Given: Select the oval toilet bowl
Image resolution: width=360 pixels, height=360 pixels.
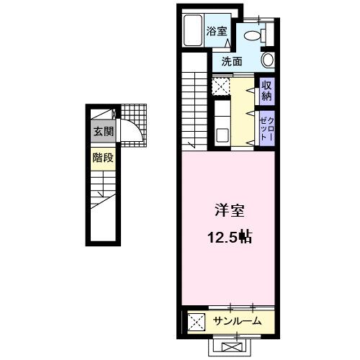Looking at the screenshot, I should tap(253, 32).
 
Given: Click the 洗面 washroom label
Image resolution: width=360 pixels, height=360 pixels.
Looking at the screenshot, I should tap(230, 61).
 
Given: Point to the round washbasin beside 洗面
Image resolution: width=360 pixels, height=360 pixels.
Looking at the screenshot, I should tap(267, 60).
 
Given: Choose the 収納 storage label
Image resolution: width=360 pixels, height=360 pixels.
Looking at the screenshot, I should tap(266, 91).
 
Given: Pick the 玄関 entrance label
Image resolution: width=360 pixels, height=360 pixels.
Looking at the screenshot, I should tap(102, 132).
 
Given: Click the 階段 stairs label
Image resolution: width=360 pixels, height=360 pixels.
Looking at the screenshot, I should tap(102, 158).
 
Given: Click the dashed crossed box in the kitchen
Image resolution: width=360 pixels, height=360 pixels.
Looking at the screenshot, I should tap(220, 86).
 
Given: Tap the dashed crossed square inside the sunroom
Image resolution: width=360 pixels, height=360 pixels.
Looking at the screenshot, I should tap(194, 320).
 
